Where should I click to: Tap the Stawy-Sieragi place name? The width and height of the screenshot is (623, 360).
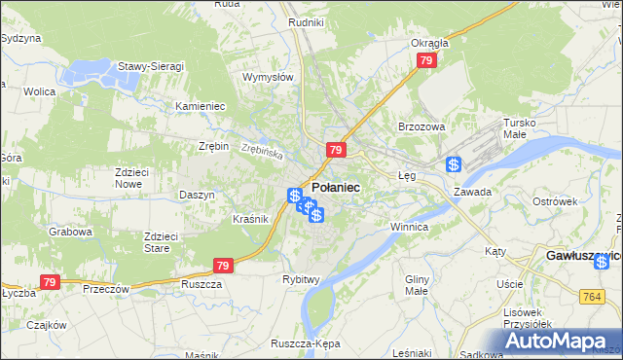(151, 66)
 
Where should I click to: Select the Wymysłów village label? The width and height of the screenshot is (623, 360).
(268, 77)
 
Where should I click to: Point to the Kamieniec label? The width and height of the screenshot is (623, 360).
(201, 105)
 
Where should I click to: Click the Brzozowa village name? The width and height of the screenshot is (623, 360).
(421, 127)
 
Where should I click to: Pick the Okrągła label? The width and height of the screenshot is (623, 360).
(429, 43)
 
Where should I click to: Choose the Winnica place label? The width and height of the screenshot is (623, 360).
(409, 226)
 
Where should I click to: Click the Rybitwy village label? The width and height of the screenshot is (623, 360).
(301, 279)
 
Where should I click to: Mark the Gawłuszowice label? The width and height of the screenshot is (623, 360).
(580, 255)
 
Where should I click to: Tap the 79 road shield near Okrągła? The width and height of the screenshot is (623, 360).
(425, 60)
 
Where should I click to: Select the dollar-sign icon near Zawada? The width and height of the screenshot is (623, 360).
(454, 165)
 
